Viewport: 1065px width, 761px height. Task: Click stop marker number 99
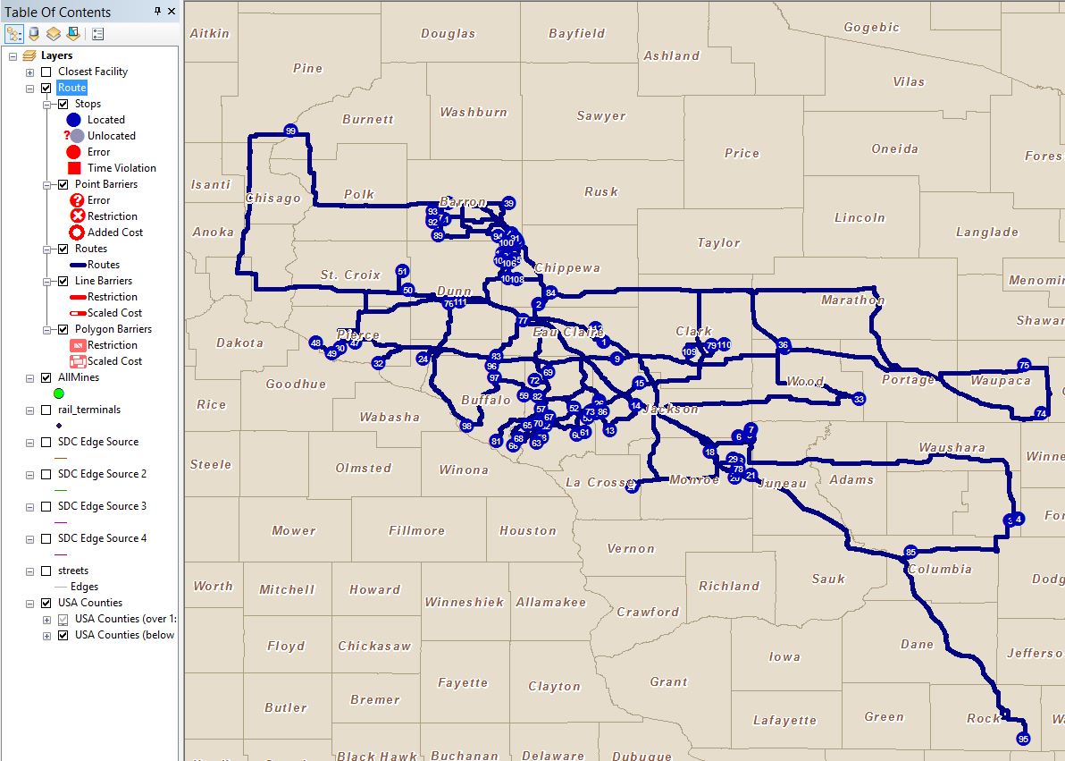coord(290,131)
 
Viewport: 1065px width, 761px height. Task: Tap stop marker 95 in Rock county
coord(1023,739)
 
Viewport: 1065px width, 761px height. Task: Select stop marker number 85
coord(910,552)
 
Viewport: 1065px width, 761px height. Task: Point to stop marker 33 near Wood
coord(859,399)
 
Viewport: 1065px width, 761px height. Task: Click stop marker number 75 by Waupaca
coord(1024,365)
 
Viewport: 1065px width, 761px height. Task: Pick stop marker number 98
coord(466,427)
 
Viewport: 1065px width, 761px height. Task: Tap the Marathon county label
coord(852,300)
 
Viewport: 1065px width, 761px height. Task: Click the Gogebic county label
coord(871,28)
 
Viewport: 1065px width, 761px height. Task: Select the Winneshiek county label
coord(464,602)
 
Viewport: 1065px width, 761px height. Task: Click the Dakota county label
coord(239,342)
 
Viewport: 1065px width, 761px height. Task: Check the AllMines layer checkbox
coord(46,377)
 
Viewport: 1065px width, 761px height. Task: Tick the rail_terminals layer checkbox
coord(46,410)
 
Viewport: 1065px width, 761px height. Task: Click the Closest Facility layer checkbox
coord(46,72)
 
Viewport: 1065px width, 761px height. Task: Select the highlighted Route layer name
coord(71,88)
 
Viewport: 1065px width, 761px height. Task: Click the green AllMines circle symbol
coord(59,393)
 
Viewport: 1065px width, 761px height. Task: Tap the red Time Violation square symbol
coord(74,168)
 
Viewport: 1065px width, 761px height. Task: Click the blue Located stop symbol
coord(74,120)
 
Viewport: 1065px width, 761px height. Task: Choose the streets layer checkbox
coord(46,571)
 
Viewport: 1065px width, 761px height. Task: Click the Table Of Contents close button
coord(171,12)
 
